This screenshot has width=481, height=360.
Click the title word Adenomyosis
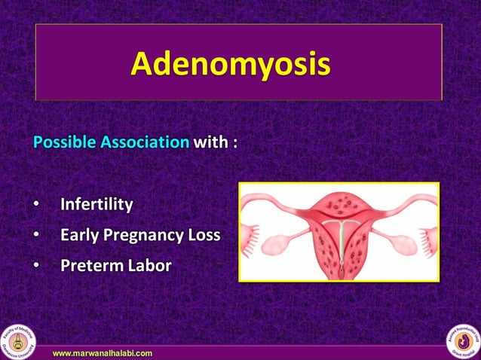(230, 63)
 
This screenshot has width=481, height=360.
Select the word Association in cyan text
(145, 142)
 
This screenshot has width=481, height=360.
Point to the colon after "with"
(234, 143)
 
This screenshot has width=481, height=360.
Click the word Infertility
(97, 204)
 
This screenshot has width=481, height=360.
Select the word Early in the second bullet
(79, 235)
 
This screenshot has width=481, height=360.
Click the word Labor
(149, 266)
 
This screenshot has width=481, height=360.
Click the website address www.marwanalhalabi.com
(103, 352)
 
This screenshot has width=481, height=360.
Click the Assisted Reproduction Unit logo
(462, 340)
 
